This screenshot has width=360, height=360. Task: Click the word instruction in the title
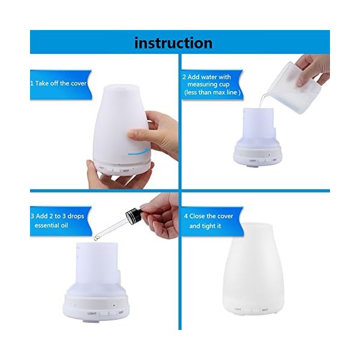pos(173,43)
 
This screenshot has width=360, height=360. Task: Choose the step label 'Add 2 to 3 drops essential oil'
pos(58,221)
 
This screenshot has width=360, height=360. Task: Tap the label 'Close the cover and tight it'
pos(208,221)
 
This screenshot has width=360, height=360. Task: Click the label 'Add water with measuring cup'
pos(208,80)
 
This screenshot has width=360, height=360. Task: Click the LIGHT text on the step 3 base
pos(92,313)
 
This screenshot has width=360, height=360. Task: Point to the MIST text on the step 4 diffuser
pos(265,310)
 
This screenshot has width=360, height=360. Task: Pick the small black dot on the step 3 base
pos(114,305)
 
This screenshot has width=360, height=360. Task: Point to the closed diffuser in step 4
pos(253,269)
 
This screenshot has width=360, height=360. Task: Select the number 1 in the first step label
pos(32,83)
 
